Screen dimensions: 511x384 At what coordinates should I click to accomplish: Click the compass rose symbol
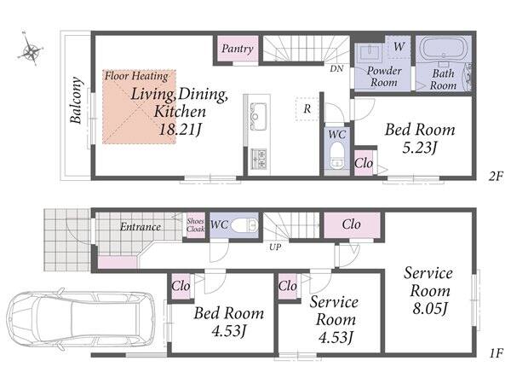point(31,49)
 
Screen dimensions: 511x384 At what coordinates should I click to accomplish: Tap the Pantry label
point(238,49)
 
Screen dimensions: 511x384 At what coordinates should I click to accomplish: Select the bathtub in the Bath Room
point(443,48)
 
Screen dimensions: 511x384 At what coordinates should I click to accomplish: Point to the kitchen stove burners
point(259,159)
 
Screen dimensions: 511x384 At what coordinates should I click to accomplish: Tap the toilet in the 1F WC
point(244,224)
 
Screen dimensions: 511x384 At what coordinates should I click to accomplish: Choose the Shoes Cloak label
point(195,225)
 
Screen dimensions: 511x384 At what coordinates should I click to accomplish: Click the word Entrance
point(141,227)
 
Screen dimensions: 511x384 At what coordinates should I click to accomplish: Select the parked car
point(81,318)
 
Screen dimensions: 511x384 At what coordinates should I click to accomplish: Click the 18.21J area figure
point(180,130)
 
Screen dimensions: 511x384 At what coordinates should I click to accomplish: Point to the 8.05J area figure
point(429,308)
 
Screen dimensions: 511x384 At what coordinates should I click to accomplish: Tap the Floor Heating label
point(136,76)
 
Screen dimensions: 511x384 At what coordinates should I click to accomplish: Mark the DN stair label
point(336,69)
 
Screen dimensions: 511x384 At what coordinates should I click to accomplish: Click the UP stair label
point(275,247)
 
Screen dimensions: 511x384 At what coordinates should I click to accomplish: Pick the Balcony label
point(76,100)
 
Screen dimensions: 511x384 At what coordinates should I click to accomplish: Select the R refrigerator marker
point(307,109)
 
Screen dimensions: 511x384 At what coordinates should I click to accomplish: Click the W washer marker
point(399,47)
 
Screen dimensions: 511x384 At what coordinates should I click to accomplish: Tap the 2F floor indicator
point(497,177)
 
